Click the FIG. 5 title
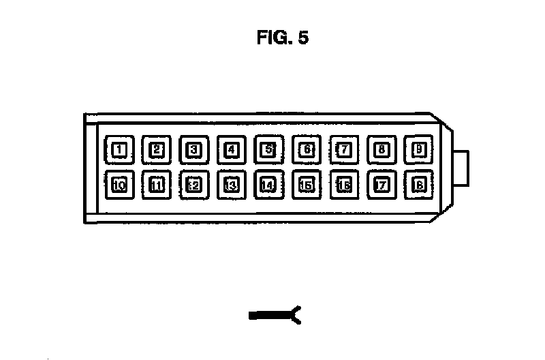pyautogui.click(x=282, y=38)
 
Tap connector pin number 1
pyautogui.click(x=119, y=149)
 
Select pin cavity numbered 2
pyautogui.click(x=157, y=149)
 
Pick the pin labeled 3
pyautogui.click(x=194, y=149)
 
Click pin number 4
pyautogui.click(x=232, y=149)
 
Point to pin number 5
pyautogui.click(x=269, y=149)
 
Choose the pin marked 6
pyautogui.click(x=307, y=149)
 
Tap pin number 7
pyautogui.click(x=344, y=149)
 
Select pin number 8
pyautogui.click(x=381, y=149)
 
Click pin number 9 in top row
pyautogui.click(x=419, y=149)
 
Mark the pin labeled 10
pyautogui.click(x=119, y=185)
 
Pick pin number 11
pyautogui.click(x=157, y=185)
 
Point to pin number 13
pyautogui.click(x=232, y=185)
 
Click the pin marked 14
pyautogui.click(x=269, y=185)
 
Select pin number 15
pyautogui.click(x=307, y=185)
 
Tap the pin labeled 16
pyautogui.click(x=344, y=185)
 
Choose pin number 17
pyautogui.click(x=381, y=185)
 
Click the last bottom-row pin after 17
pyautogui.click(x=419, y=185)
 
